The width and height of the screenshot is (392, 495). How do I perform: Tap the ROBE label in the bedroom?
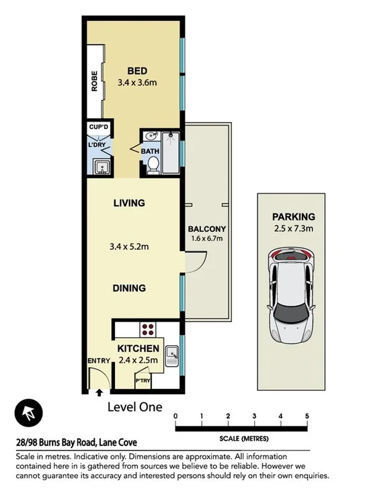pos(95,81)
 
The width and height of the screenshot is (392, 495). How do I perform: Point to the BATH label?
pos(149,151)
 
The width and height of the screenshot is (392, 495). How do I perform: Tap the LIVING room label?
pos(129,203)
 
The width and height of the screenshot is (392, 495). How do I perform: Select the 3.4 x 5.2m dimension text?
pos(129,246)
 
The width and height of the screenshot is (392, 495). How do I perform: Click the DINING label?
pos(129,288)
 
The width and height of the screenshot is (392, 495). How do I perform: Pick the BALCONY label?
pos(206,228)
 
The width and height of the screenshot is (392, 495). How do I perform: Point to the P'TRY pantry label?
pos(143,380)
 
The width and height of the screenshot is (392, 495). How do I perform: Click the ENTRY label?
pos(98,361)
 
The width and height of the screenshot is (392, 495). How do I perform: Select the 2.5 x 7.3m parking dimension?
pos(293,229)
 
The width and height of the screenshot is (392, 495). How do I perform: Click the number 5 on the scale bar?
pos(307,416)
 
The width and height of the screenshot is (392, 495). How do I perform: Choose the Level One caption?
pos(134,407)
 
